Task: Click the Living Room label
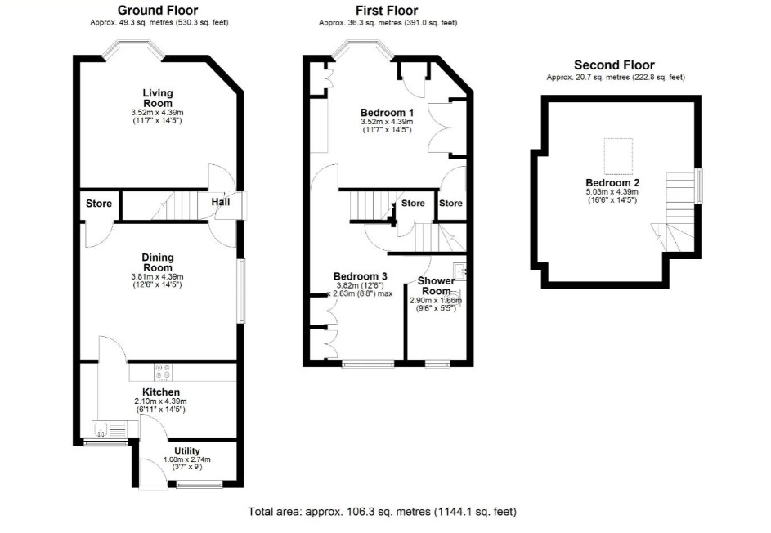point(158,98)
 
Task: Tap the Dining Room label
point(157,262)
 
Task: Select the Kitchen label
point(161,392)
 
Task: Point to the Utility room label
point(187,451)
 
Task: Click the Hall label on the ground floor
point(221,202)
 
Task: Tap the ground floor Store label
point(99,204)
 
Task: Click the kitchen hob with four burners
point(163,372)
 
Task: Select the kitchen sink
point(110,429)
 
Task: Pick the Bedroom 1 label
point(387,113)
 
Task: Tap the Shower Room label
point(436,285)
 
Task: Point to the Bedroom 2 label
point(612,183)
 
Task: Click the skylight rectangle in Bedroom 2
point(618,156)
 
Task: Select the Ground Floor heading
point(158,11)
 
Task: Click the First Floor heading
point(387,11)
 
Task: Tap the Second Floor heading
point(614,65)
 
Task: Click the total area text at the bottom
point(383,512)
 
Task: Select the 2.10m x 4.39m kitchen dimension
point(161,401)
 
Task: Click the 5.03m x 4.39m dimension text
point(612,192)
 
